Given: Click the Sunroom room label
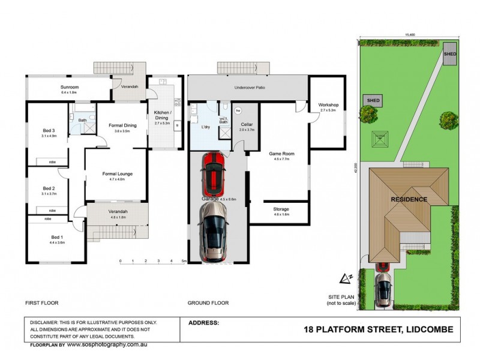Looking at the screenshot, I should [70, 88].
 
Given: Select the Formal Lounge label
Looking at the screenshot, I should [117, 174].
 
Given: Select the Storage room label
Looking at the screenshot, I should [281, 209].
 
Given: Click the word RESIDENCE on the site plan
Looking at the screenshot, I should [409, 200].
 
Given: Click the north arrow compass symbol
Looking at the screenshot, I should [346, 278].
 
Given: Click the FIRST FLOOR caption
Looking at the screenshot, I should [41, 304].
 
